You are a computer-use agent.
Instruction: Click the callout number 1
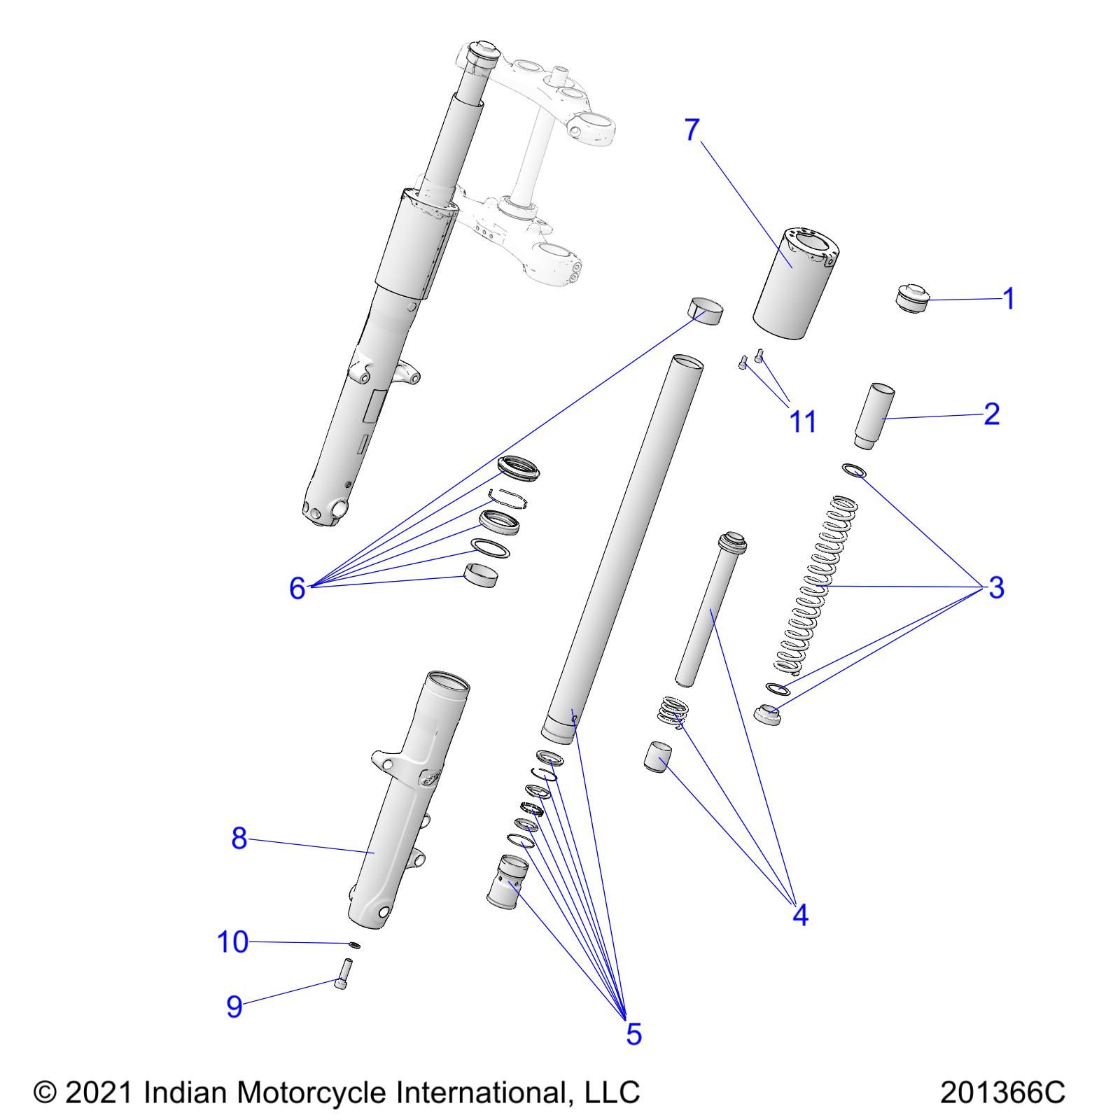point(1008,299)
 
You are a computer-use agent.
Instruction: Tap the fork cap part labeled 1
point(912,298)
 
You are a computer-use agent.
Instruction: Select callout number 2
point(991,414)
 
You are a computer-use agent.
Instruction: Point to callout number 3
point(995,587)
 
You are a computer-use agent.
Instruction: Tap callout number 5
point(633,1033)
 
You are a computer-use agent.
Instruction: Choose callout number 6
point(297,588)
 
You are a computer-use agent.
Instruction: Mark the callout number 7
point(692,129)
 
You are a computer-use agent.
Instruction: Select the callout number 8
point(239,838)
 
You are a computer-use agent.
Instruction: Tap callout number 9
point(234,1007)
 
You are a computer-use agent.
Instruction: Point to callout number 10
point(232,942)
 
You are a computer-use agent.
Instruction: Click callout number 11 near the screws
point(802,421)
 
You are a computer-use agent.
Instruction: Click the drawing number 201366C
point(1002,1092)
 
